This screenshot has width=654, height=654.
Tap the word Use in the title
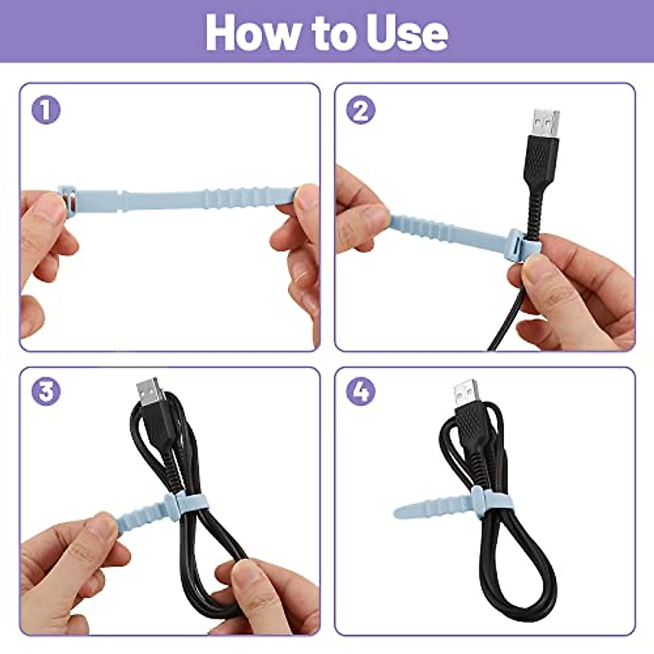click(x=406, y=33)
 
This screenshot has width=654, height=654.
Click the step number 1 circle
click(x=46, y=111)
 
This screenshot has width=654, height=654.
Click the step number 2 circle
click(x=361, y=111)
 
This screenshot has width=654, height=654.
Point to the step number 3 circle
click(x=46, y=392)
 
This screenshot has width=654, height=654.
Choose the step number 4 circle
click(x=361, y=392)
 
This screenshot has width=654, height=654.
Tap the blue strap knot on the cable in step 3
click(x=172, y=504)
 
